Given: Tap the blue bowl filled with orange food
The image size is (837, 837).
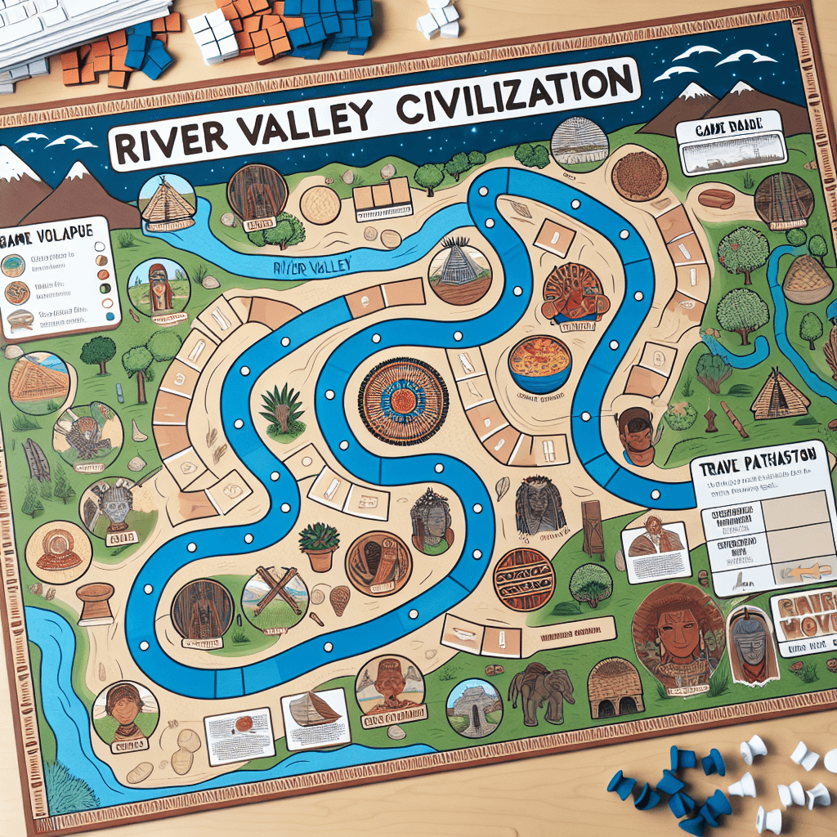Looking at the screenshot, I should click(539, 363).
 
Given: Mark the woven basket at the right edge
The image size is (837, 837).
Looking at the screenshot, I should click(808, 278).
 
